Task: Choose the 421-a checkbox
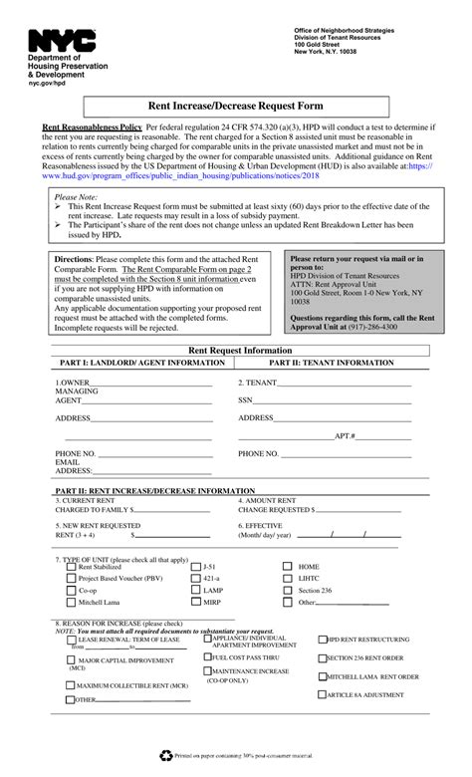pyautogui.click(x=195, y=579)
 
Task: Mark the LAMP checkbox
pyautogui.click(x=195, y=591)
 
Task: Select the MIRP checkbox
pyautogui.click(x=195, y=603)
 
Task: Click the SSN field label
pyautogui.click(x=245, y=400)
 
